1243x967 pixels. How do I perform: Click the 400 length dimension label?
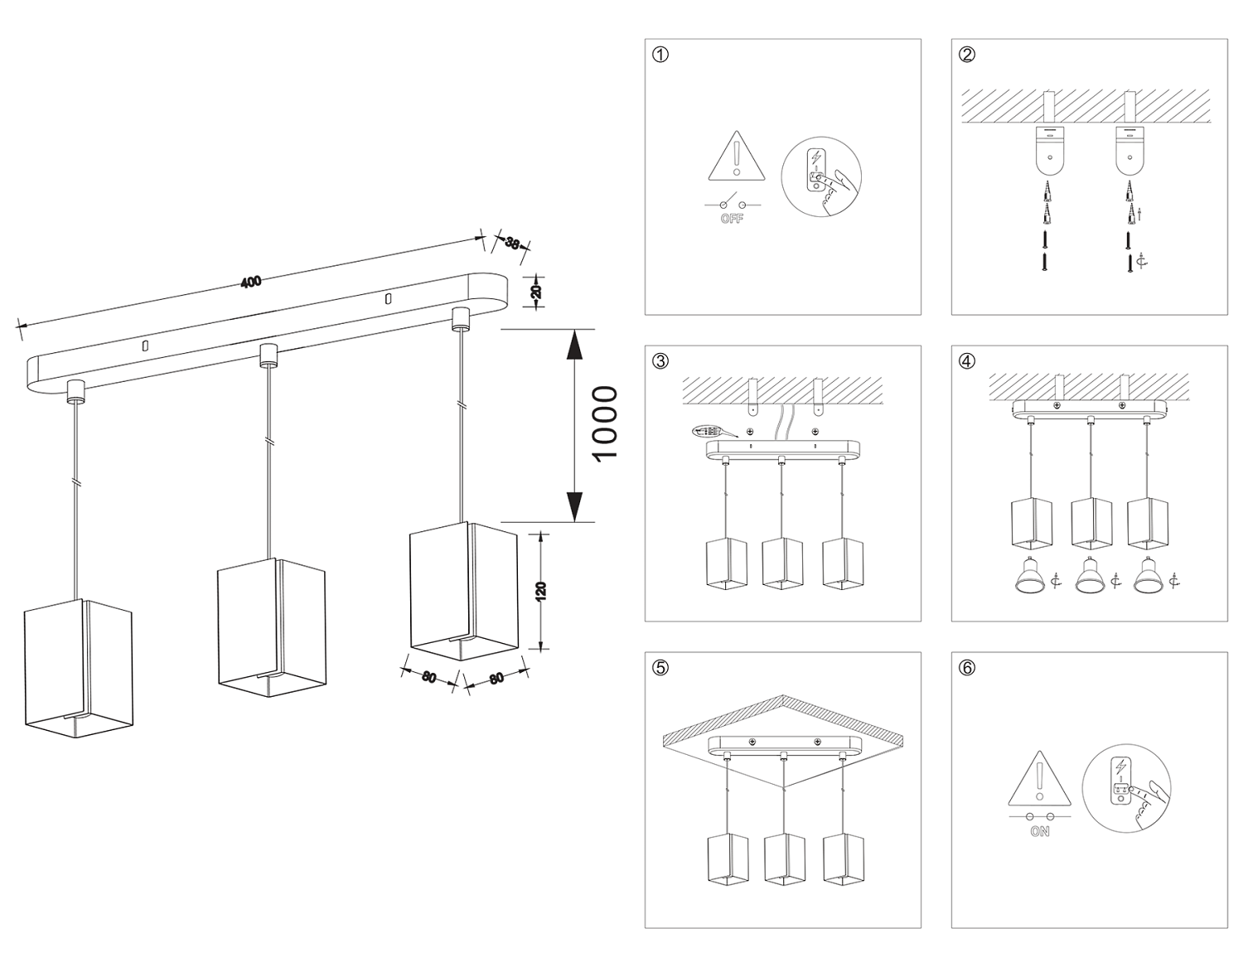coord(251,282)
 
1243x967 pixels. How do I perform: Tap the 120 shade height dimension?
coord(541,591)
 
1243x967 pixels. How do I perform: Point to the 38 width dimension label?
coord(512,244)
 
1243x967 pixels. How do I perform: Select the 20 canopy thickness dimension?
coord(537,290)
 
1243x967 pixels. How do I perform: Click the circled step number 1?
coord(660,55)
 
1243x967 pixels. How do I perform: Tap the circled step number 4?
coord(967,361)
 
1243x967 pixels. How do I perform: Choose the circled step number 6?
coord(967,668)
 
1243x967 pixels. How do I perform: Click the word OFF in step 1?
coord(732,219)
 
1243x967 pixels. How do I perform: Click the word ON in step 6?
coord(1039,831)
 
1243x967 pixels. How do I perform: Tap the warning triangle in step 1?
coord(735,158)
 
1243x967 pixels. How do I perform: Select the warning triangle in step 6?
coord(1040,779)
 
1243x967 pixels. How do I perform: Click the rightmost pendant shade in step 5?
coord(844,858)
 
